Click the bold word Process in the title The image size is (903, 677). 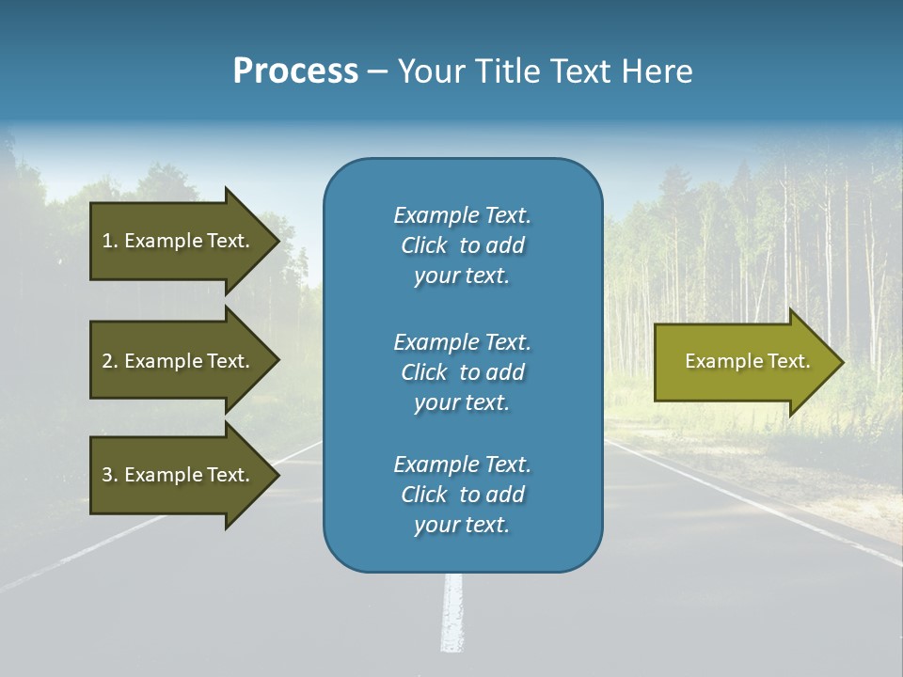[x=296, y=71]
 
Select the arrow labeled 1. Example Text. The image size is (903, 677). [x=185, y=242]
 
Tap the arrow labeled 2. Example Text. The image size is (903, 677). [x=185, y=360]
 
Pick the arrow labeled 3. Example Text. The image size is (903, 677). [x=185, y=476]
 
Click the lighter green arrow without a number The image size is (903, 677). [x=749, y=362]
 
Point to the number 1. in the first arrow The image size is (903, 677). [x=110, y=242]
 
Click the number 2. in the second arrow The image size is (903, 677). [x=110, y=361]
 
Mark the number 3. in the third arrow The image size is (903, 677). [x=110, y=475]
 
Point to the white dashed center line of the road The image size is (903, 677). [x=452, y=612]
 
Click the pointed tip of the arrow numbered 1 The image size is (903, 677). [x=280, y=242]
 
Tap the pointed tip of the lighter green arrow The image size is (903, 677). [x=845, y=362]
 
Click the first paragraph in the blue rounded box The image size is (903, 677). [x=463, y=245]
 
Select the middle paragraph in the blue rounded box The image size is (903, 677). [x=463, y=372]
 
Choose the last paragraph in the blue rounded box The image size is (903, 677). [x=463, y=495]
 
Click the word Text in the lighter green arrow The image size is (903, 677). [x=789, y=361]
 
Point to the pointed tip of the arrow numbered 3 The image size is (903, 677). [x=280, y=476]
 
